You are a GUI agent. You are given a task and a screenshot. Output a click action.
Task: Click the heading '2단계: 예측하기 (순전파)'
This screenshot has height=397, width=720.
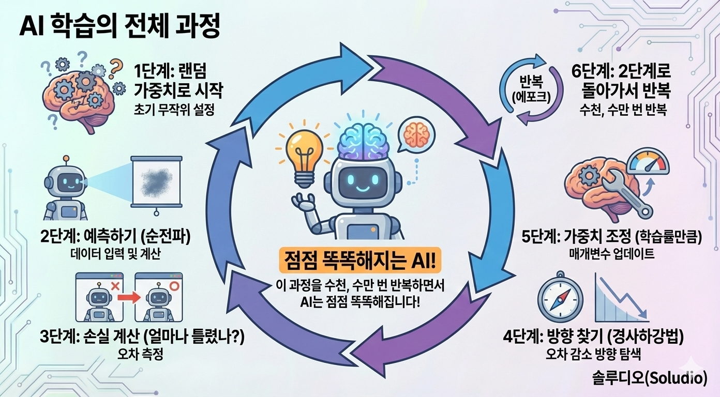(115, 238)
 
